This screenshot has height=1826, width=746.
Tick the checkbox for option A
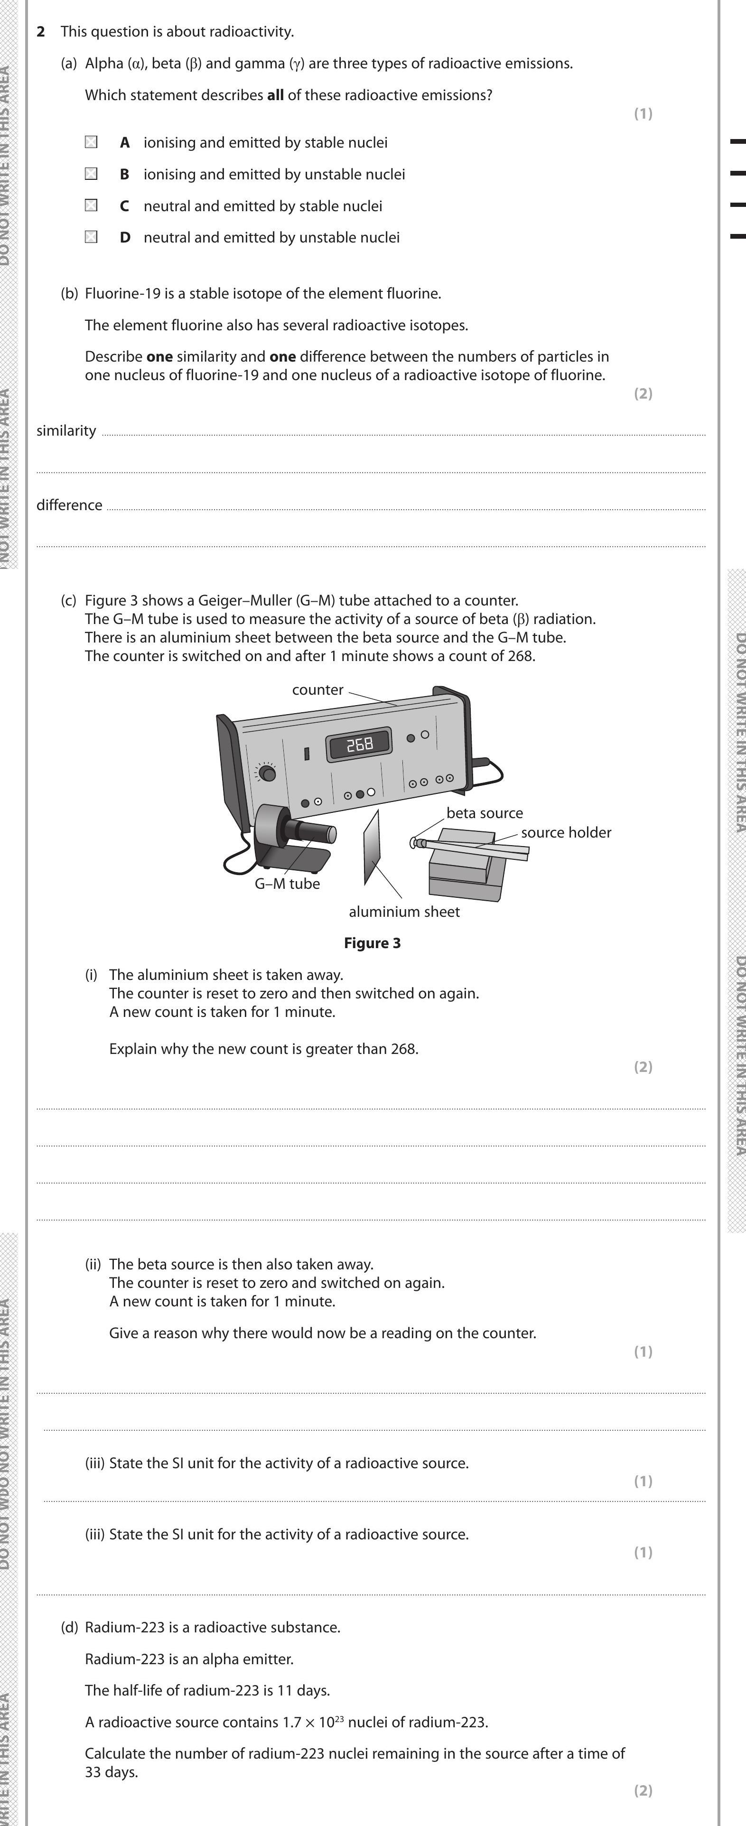point(91,142)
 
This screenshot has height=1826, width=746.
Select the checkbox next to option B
point(91,174)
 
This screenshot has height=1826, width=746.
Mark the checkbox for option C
point(91,205)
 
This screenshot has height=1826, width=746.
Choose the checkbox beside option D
point(91,237)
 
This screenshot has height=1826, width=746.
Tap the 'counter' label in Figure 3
point(317,689)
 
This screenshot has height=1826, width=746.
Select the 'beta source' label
point(485,813)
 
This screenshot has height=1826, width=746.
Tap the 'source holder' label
point(566,832)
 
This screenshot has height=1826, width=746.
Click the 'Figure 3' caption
point(373,943)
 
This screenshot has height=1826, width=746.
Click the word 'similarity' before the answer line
point(66,431)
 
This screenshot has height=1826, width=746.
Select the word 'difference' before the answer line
point(69,505)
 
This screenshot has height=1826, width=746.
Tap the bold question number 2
point(41,32)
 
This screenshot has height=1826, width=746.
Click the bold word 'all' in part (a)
point(275,95)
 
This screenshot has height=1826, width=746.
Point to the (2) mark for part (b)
point(643,393)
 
